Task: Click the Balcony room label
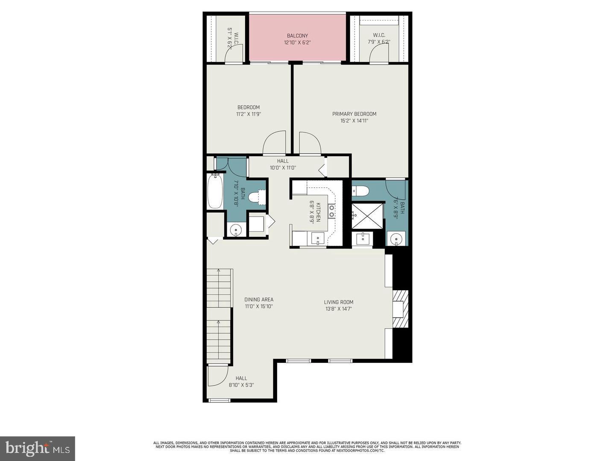(x=297, y=36)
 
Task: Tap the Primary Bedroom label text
(x=354, y=114)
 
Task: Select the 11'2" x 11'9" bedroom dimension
(x=248, y=114)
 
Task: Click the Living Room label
(x=338, y=302)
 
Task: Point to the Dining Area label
(x=259, y=300)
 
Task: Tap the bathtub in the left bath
(x=215, y=191)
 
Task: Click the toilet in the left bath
(x=256, y=197)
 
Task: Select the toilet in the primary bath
(x=360, y=191)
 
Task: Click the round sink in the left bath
(x=236, y=230)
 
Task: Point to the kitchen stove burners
(x=331, y=211)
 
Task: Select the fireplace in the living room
(x=400, y=309)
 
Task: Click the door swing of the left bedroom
(x=275, y=143)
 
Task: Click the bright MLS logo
(x=38, y=448)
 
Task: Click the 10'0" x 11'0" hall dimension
(x=282, y=168)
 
